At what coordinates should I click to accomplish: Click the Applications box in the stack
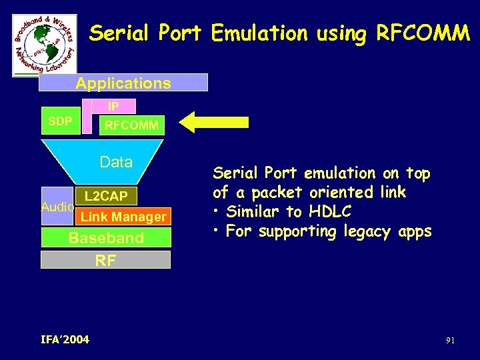[123, 83]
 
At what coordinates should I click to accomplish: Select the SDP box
[61, 121]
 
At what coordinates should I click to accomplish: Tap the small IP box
[113, 106]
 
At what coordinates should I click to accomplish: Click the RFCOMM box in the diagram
[131, 125]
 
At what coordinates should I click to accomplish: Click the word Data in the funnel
[116, 162]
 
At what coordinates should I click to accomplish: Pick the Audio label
[57, 207]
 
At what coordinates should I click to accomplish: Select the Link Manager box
[123, 217]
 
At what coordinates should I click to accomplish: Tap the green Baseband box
[106, 238]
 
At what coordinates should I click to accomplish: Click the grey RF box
[105, 260]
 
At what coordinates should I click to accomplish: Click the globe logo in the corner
[45, 45]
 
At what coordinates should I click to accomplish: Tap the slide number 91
[451, 341]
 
